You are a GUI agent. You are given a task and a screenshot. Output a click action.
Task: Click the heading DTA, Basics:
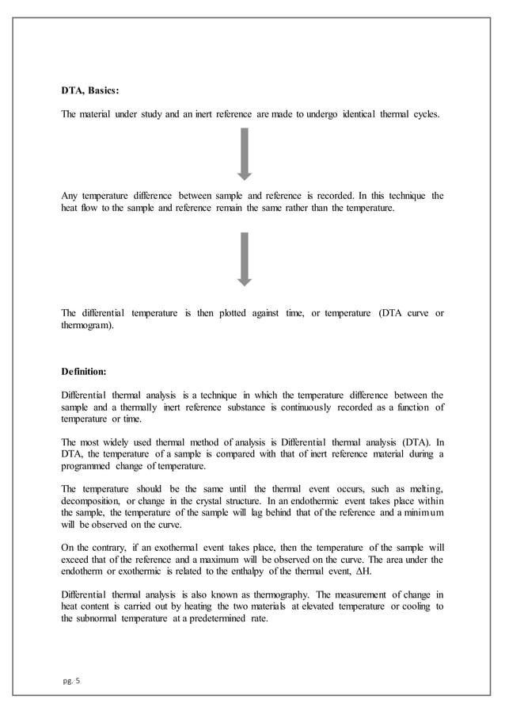point(91,90)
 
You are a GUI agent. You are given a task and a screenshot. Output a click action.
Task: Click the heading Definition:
point(83,370)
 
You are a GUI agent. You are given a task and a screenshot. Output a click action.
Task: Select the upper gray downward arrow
point(245,154)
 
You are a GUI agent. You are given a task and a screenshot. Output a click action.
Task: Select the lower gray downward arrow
point(245,259)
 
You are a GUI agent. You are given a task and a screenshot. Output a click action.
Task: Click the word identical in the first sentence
point(362,115)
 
